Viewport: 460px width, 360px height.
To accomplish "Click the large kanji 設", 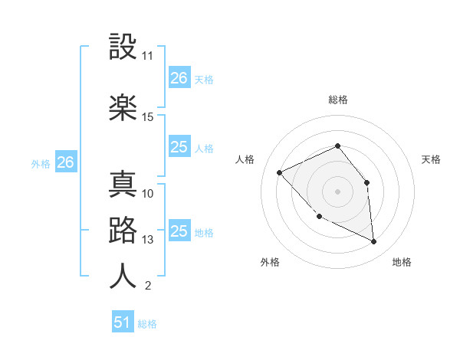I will pos(123,47).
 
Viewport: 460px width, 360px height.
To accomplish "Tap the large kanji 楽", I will pos(123,107).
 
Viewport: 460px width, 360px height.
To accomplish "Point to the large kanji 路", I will pos(123,231).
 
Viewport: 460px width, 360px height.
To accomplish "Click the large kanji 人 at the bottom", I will pos(123,276).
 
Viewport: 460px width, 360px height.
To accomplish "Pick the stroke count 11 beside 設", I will pos(148,57).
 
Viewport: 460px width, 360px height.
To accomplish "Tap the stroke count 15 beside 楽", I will pos(148,117).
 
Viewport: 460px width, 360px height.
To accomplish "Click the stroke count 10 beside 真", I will pos(148,193).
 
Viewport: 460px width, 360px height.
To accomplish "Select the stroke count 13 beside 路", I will pos(148,240).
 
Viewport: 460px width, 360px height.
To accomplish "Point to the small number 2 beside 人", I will pos(147,286).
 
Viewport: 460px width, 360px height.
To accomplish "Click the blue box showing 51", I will pos(123,322).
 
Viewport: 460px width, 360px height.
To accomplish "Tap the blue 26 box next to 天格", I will pos(179,77).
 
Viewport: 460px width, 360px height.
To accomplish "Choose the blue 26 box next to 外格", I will pos(66,162).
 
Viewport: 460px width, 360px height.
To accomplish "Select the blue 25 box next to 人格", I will pos(179,147).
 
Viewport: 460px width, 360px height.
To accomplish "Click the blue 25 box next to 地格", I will pos(179,231).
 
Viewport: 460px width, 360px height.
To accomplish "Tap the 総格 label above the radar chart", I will pos(338,100).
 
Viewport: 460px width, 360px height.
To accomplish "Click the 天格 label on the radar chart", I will pos(431,159).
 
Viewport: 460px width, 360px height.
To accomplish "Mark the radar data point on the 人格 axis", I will pos(280,172).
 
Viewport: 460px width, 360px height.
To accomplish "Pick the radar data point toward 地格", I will pos(374,241).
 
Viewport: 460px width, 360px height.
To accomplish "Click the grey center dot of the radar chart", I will pos(338,191).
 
